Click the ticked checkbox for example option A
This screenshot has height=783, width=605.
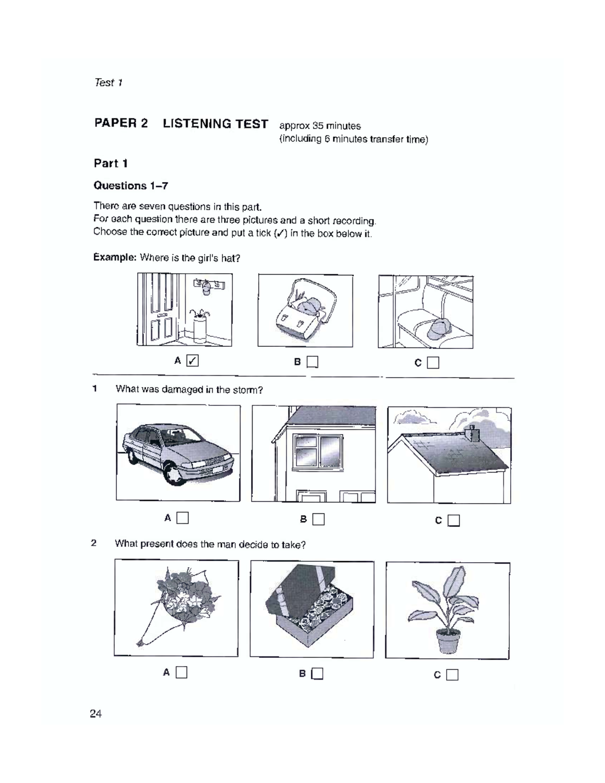[193, 360]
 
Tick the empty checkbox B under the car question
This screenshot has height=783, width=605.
[318, 519]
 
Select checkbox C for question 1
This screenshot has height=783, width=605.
[454, 520]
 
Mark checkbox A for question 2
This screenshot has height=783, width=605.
[181, 672]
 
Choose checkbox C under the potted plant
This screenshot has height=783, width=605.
[452, 675]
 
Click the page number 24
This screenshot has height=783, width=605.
[96, 713]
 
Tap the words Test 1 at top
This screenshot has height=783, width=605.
[108, 83]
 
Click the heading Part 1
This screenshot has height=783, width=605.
[110, 163]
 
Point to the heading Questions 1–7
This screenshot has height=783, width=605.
[131, 186]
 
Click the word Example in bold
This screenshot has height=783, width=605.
[114, 258]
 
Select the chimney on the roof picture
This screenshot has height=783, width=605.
[473, 434]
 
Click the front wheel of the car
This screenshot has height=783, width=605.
[175, 474]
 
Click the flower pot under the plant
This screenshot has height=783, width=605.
[448, 640]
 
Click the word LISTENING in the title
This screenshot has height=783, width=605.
[215, 124]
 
